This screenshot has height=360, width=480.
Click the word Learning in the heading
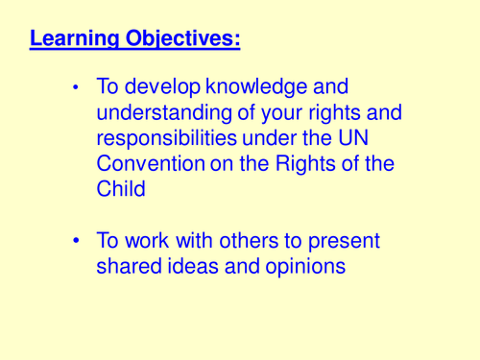[76, 39]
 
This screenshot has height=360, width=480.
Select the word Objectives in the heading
[182, 39]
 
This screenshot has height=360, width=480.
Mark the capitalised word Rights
[304, 163]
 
